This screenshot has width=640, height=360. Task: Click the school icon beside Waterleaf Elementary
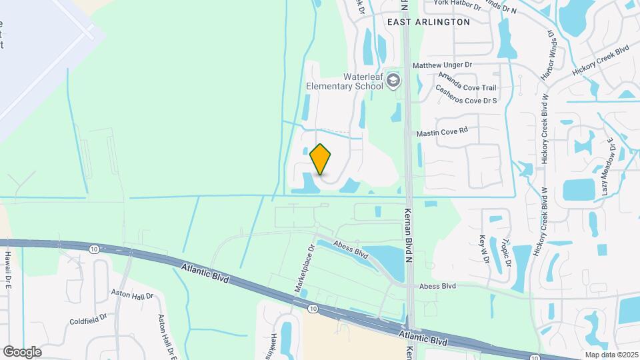(394, 81)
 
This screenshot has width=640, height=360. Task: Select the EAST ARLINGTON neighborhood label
(429, 22)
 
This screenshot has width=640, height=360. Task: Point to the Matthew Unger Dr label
(442, 65)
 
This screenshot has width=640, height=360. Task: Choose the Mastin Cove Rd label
(443, 133)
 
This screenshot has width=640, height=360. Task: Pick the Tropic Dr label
(507, 252)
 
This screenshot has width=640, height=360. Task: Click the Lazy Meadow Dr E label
(607, 166)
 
